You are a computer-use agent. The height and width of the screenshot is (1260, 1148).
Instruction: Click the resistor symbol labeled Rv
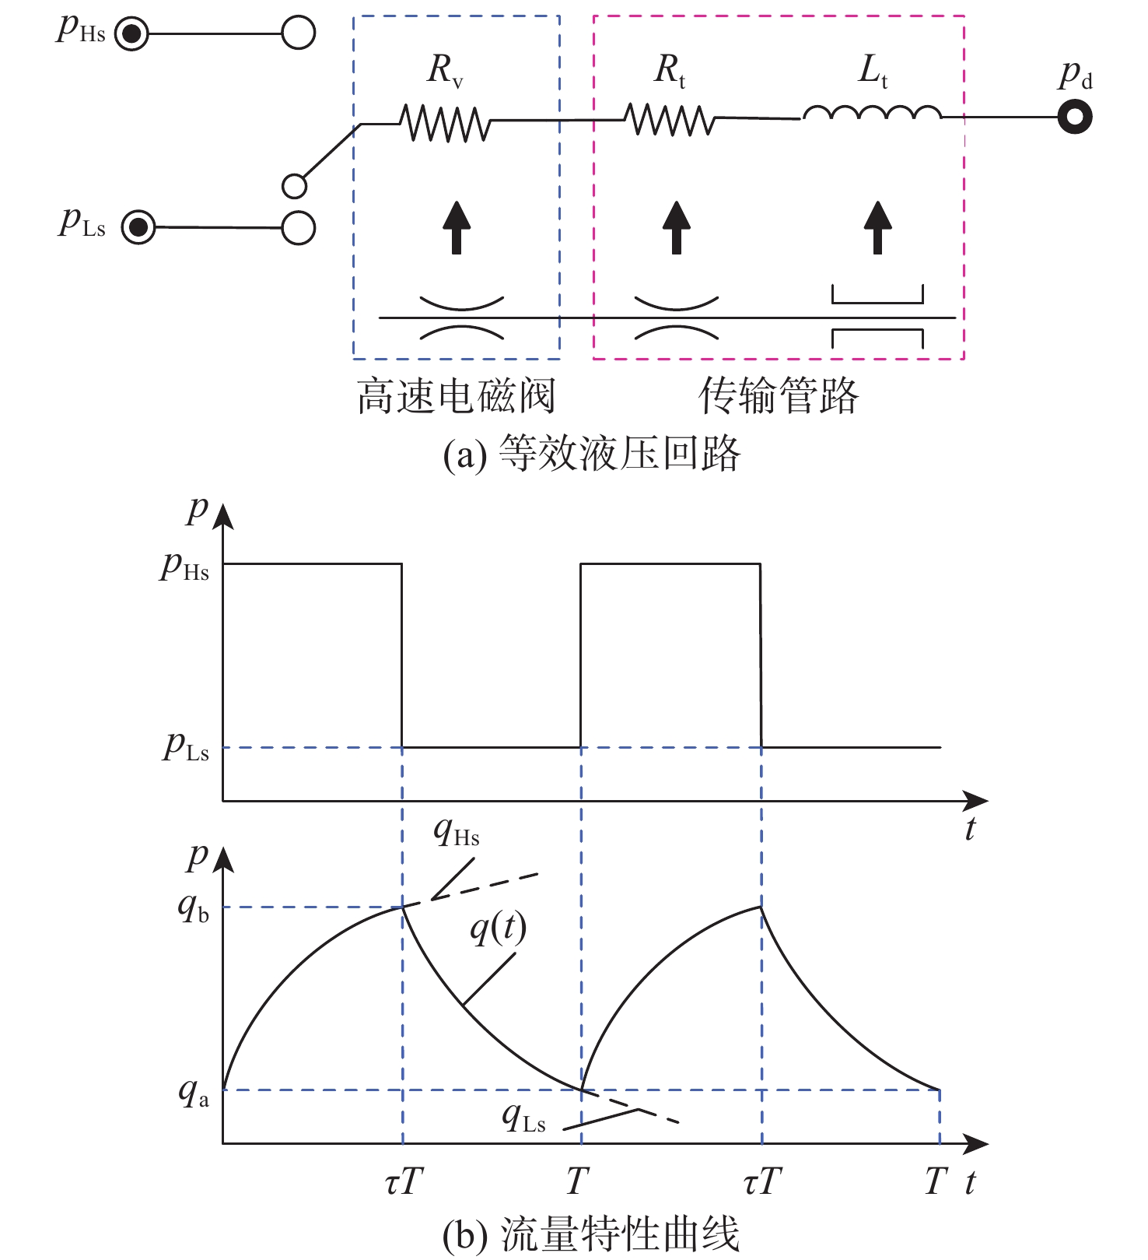[445, 124]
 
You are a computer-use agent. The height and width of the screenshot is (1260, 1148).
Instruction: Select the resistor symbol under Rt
[670, 120]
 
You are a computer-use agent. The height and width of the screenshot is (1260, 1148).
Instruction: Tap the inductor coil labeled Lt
[872, 114]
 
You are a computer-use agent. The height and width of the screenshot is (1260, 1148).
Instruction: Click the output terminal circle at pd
[1075, 118]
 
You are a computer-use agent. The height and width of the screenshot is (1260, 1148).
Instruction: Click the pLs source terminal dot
[139, 228]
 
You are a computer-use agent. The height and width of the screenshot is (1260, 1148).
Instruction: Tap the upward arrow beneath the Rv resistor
[457, 227]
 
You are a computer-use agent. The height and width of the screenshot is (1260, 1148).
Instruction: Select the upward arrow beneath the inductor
[878, 227]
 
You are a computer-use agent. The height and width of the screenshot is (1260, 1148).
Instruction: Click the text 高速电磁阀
[457, 396]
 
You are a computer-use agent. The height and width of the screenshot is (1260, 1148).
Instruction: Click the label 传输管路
[779, 396]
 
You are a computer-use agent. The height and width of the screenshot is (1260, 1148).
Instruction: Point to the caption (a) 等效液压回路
[591, 454]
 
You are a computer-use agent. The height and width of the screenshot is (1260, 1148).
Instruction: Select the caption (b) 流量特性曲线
[591, 1234]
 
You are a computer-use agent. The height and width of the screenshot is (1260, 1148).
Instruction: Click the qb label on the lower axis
[194, 907]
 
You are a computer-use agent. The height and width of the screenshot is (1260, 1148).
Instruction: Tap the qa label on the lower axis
[194, 1092]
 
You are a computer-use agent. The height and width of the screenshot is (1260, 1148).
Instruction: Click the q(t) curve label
[499, 928]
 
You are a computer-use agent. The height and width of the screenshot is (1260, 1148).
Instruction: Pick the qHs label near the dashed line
[457, 832]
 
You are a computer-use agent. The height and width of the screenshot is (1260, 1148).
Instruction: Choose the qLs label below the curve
[523, 1118]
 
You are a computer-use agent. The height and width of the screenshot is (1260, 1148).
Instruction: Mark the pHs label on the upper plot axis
[184, 567]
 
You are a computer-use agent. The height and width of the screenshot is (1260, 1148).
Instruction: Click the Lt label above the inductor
[873, 72]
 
